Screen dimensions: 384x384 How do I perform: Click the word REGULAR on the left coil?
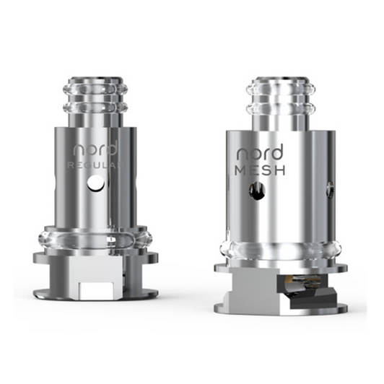96,165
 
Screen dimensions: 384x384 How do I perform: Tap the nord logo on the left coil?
97,151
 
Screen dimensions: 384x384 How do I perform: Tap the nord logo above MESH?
259,154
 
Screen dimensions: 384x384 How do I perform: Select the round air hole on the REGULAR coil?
95,186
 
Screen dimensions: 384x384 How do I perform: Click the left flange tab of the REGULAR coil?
42,258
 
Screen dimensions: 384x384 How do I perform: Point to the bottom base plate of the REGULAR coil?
95,295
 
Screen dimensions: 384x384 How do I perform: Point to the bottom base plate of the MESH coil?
280,306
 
